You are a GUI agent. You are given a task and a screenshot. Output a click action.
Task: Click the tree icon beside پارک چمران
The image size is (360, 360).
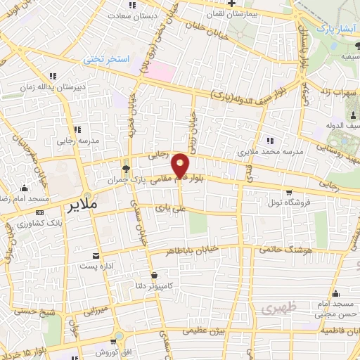(126, 168)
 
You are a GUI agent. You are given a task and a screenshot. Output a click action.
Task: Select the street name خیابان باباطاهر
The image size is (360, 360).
(193, 250)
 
